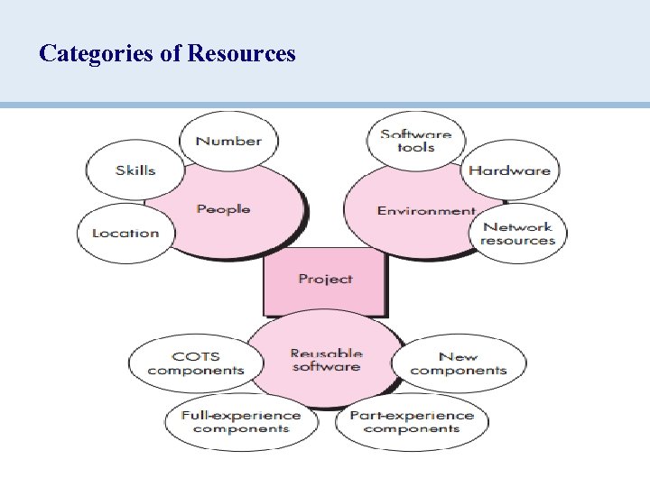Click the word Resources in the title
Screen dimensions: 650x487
tap(241, 54)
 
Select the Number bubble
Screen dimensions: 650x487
tap(228, 141)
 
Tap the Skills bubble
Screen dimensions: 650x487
tap(135, 170)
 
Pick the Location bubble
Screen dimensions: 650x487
tap(125, 233)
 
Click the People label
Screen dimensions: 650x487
tap(223, 209)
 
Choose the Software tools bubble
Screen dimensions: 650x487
tap(415, 141)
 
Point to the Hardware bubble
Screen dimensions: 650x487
tap(509, 170)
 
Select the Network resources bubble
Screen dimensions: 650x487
tap(517, 234)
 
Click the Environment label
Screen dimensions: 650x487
tap(425, 211)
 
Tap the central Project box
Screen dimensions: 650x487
tap(325, 280)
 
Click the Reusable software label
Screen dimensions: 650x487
tap(326, 360)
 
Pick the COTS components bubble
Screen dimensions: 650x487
tap(195, 363)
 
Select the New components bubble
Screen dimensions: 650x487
tap(458, 363)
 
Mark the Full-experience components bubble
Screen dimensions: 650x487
tap(240, 421)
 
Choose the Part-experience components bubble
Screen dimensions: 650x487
tap(411, 421)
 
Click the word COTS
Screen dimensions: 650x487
tap(195, 356)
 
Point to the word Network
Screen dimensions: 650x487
tap(517, 227)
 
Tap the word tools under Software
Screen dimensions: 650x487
tap(415, 148)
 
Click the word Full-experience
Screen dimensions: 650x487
tap(240, 415)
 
